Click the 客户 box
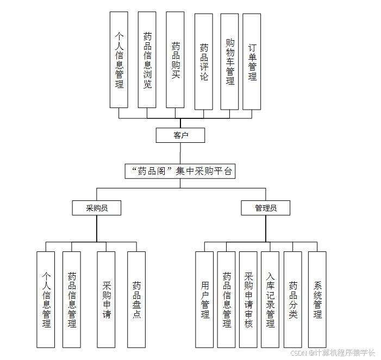coord(180,135)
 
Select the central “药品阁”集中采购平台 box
coord(180,172)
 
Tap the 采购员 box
coord(97,208)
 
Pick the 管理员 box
coord(266,208)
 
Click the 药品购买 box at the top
coord(175,60)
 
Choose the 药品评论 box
coord(203,61)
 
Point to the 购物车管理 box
coord(229,61)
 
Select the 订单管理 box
coord(252,61)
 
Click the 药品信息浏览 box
coord(147,60)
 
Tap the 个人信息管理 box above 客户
coord(119,60)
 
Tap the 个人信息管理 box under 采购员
coord(46,299)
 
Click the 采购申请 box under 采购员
coord(106,299)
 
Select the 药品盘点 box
coord(136,299)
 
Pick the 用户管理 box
coord(204,299)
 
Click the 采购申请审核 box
coord(248,299)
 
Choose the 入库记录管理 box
coord(270,299)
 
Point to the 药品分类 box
coord(292,299)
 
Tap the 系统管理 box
coord(317,299)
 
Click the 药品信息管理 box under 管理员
coord(226,299)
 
